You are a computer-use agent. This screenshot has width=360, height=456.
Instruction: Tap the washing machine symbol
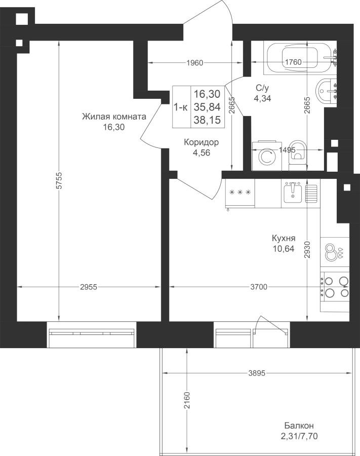tap(267, 156)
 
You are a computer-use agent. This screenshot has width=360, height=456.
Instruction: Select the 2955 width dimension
tap(89, 287)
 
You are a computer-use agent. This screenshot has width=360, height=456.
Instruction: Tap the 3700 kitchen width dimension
tap(259, 287)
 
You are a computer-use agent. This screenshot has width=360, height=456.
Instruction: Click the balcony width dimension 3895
tap(257, 373)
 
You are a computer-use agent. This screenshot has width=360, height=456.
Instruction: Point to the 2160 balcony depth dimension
tap(186, 400)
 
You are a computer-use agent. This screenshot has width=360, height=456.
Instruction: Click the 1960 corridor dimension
tap(194, 62)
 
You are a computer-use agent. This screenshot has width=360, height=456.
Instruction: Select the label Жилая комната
tap(114, 117)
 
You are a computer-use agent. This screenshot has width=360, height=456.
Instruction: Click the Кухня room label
tap(284, 238)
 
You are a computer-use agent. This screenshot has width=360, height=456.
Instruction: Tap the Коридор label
tap(202, 142)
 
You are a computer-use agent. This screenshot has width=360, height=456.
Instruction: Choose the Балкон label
tap(299, 426)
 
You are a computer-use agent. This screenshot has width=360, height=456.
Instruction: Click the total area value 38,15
tap(207, 120)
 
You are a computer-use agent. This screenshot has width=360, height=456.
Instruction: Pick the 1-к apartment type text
tap(181, 107)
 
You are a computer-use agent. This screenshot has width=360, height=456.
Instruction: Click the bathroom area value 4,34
tap(262, 98)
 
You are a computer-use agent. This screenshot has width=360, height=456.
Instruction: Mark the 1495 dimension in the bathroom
tap(287, 150)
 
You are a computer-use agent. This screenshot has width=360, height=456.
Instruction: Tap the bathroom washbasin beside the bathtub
tap(327, 91)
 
